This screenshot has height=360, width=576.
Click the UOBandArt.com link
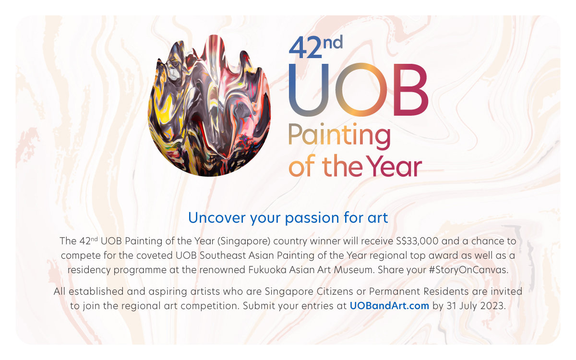click(389, 306)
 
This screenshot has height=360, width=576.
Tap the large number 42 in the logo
click(305, 48)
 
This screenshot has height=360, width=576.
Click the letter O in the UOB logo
click(361, 89)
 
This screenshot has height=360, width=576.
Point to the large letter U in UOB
click(309, 90)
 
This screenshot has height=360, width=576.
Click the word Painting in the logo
click(339, 136)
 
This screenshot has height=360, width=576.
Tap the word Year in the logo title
click(394, 166)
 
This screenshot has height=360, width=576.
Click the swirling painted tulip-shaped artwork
click(209, 106)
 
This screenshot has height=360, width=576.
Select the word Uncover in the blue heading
click(217, 218)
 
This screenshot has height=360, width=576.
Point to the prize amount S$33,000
click(417, 241)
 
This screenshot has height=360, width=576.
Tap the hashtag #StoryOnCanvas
click(468, 270)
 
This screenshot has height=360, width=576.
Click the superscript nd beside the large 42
click(333, 42)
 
